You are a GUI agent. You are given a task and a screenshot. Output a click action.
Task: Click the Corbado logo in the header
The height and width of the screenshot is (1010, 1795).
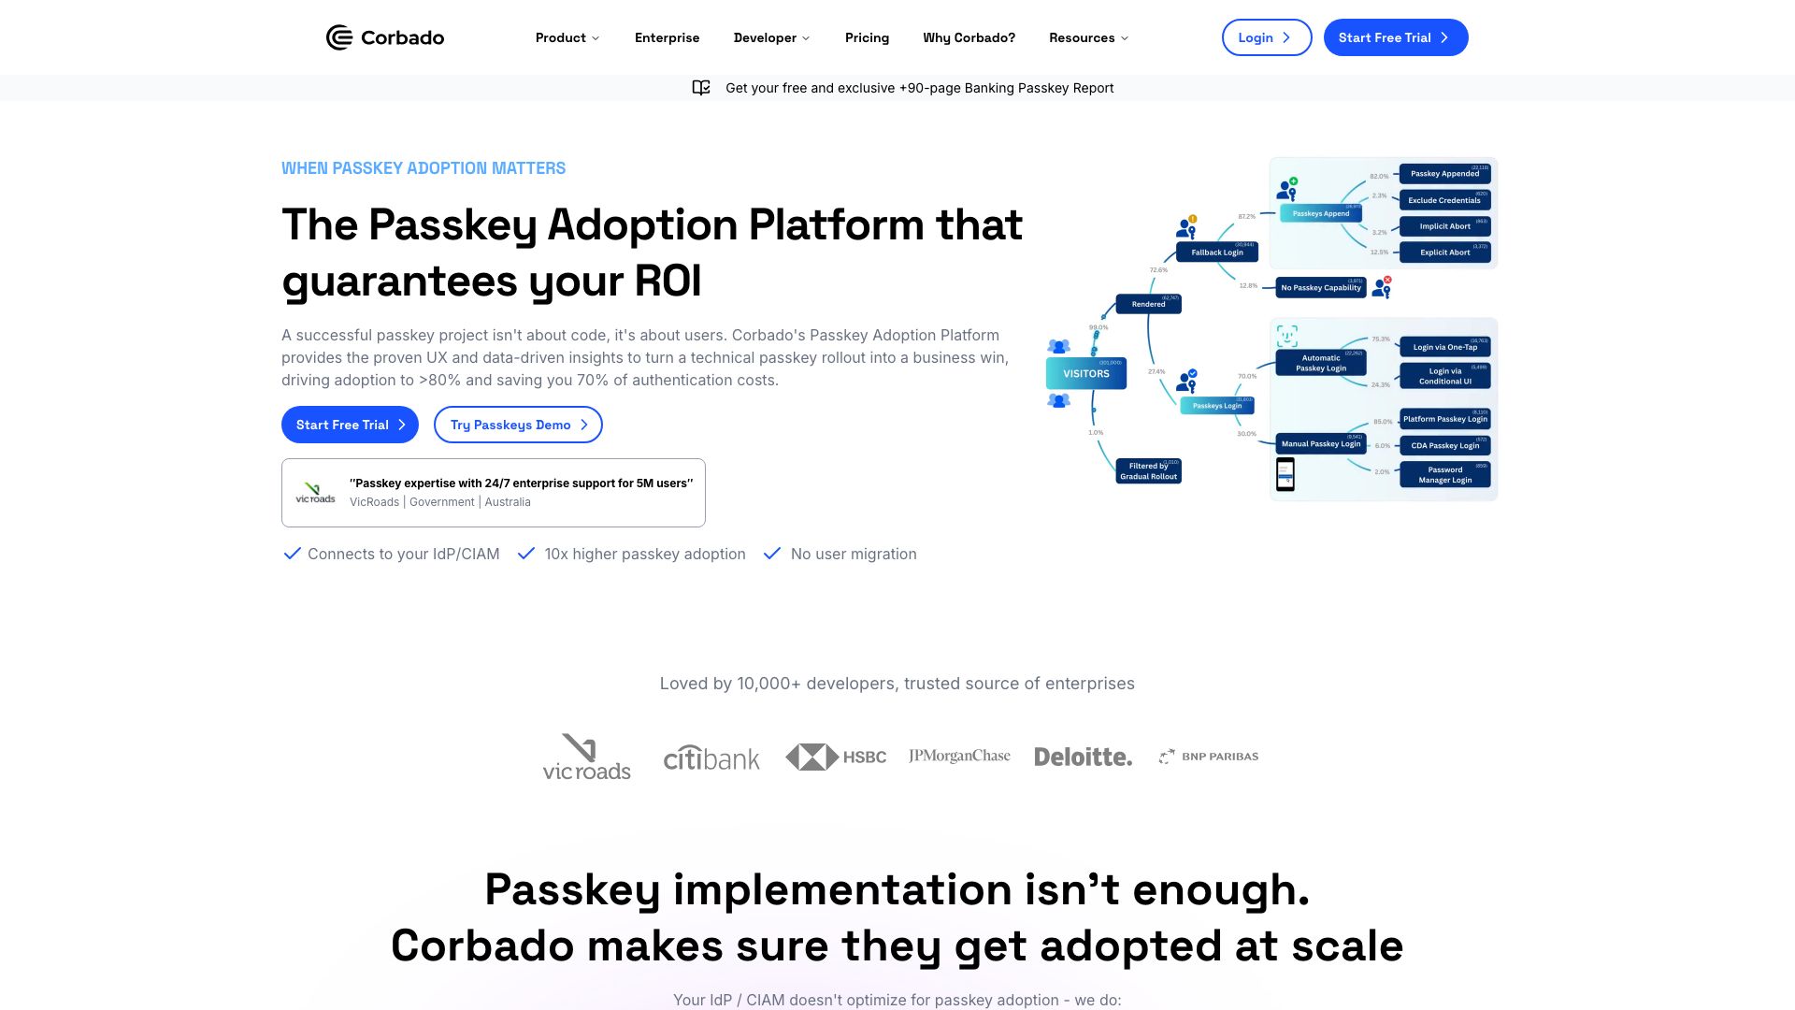pos(384,37)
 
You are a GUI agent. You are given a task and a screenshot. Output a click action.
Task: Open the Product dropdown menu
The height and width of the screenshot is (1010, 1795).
pos(567,37)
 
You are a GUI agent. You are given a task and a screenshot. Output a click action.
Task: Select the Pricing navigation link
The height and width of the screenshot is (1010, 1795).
pos(867,37)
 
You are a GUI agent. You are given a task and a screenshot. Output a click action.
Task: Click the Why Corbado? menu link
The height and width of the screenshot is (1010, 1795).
pos(969,37)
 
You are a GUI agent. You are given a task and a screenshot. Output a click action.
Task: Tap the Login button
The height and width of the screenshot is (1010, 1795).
pos(1266,37)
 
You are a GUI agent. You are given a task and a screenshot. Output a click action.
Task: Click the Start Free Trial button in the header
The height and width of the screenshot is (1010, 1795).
pos(1395,37)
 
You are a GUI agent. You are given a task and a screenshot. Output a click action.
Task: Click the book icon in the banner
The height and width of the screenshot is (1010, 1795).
pos(701,88)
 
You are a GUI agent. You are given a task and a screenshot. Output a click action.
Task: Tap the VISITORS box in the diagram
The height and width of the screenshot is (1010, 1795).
pos(1085,373)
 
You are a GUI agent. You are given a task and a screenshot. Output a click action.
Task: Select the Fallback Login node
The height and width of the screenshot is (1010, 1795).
pos(1216,252)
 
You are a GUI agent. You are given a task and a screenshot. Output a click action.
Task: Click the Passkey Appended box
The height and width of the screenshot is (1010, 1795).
pos(1444,173)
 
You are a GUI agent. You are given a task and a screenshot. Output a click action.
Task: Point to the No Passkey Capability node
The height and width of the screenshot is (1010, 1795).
pos(1320,287)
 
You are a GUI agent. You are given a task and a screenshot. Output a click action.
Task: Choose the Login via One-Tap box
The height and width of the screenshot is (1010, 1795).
pos(1444,347)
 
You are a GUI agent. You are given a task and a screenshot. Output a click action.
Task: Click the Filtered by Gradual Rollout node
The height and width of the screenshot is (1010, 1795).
pos(1148,470)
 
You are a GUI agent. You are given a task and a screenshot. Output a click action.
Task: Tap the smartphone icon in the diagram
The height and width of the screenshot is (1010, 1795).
pos(1285,474)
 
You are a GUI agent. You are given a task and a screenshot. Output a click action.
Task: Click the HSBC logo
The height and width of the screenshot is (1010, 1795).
pos(836,757)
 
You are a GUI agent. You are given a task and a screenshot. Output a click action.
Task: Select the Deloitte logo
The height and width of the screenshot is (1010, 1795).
pos(1083,757)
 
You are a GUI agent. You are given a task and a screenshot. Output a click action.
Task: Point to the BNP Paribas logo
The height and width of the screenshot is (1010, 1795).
pos(1208,757)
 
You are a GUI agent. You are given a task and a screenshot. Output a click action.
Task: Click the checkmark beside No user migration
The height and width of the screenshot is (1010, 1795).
pos(772,554)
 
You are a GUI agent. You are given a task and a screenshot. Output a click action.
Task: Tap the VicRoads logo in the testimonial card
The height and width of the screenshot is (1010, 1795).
pos(315,493)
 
